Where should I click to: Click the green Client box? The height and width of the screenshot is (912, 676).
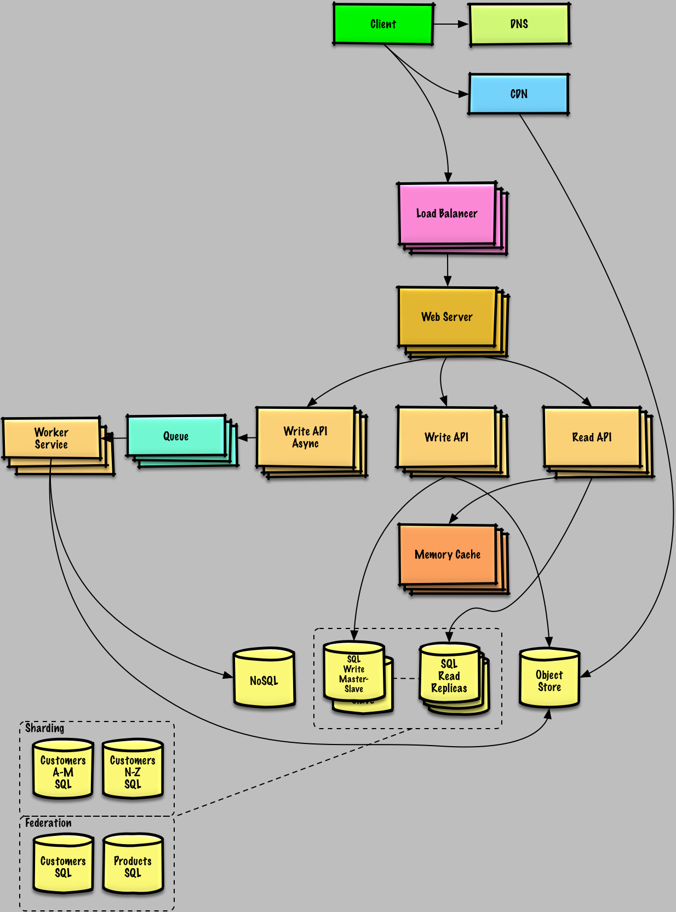pyautogui.click(x=383, y=24)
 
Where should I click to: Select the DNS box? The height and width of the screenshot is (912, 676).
pyautogui.click(x=519, y=24)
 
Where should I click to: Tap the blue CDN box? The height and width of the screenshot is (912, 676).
pyautogui.click(x=518, y=94)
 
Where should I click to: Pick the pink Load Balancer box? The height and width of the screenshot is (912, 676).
pyautogui.click(x=446, y=213)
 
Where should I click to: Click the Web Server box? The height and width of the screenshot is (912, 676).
pyautogui.click(x=446, y=317)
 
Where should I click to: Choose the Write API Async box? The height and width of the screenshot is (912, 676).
pyautogui.click(x=305, y=437)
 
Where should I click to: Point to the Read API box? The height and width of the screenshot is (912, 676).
pyautogui.click(x=592, y=437)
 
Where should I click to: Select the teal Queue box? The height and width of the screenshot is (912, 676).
pyautogui.click(x=176, y=436)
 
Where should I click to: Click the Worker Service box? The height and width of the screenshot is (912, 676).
pyautogui.click(x=51, y=438)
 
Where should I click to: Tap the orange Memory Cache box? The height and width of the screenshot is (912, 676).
pyautogui.click(x=447, y=555)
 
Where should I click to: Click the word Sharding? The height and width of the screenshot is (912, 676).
pyautogui.click(x=44, y=728)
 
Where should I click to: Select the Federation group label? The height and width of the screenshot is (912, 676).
pyautogui.click(x=48, y=823)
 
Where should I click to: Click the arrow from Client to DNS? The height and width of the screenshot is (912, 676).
pyautogui.click(x=450, y=24)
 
